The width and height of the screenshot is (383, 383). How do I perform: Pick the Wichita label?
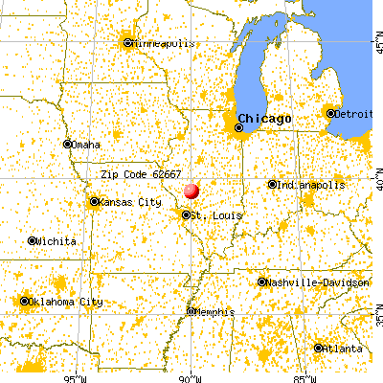[x=57, y=241]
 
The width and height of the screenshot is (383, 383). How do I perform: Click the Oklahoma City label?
[x=67, y=303]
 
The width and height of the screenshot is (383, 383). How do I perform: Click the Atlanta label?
[x=343, y=349]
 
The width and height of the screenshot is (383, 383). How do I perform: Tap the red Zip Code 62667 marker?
[x=191, y=191]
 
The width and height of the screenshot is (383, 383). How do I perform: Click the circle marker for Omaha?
[x=68, y=145]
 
